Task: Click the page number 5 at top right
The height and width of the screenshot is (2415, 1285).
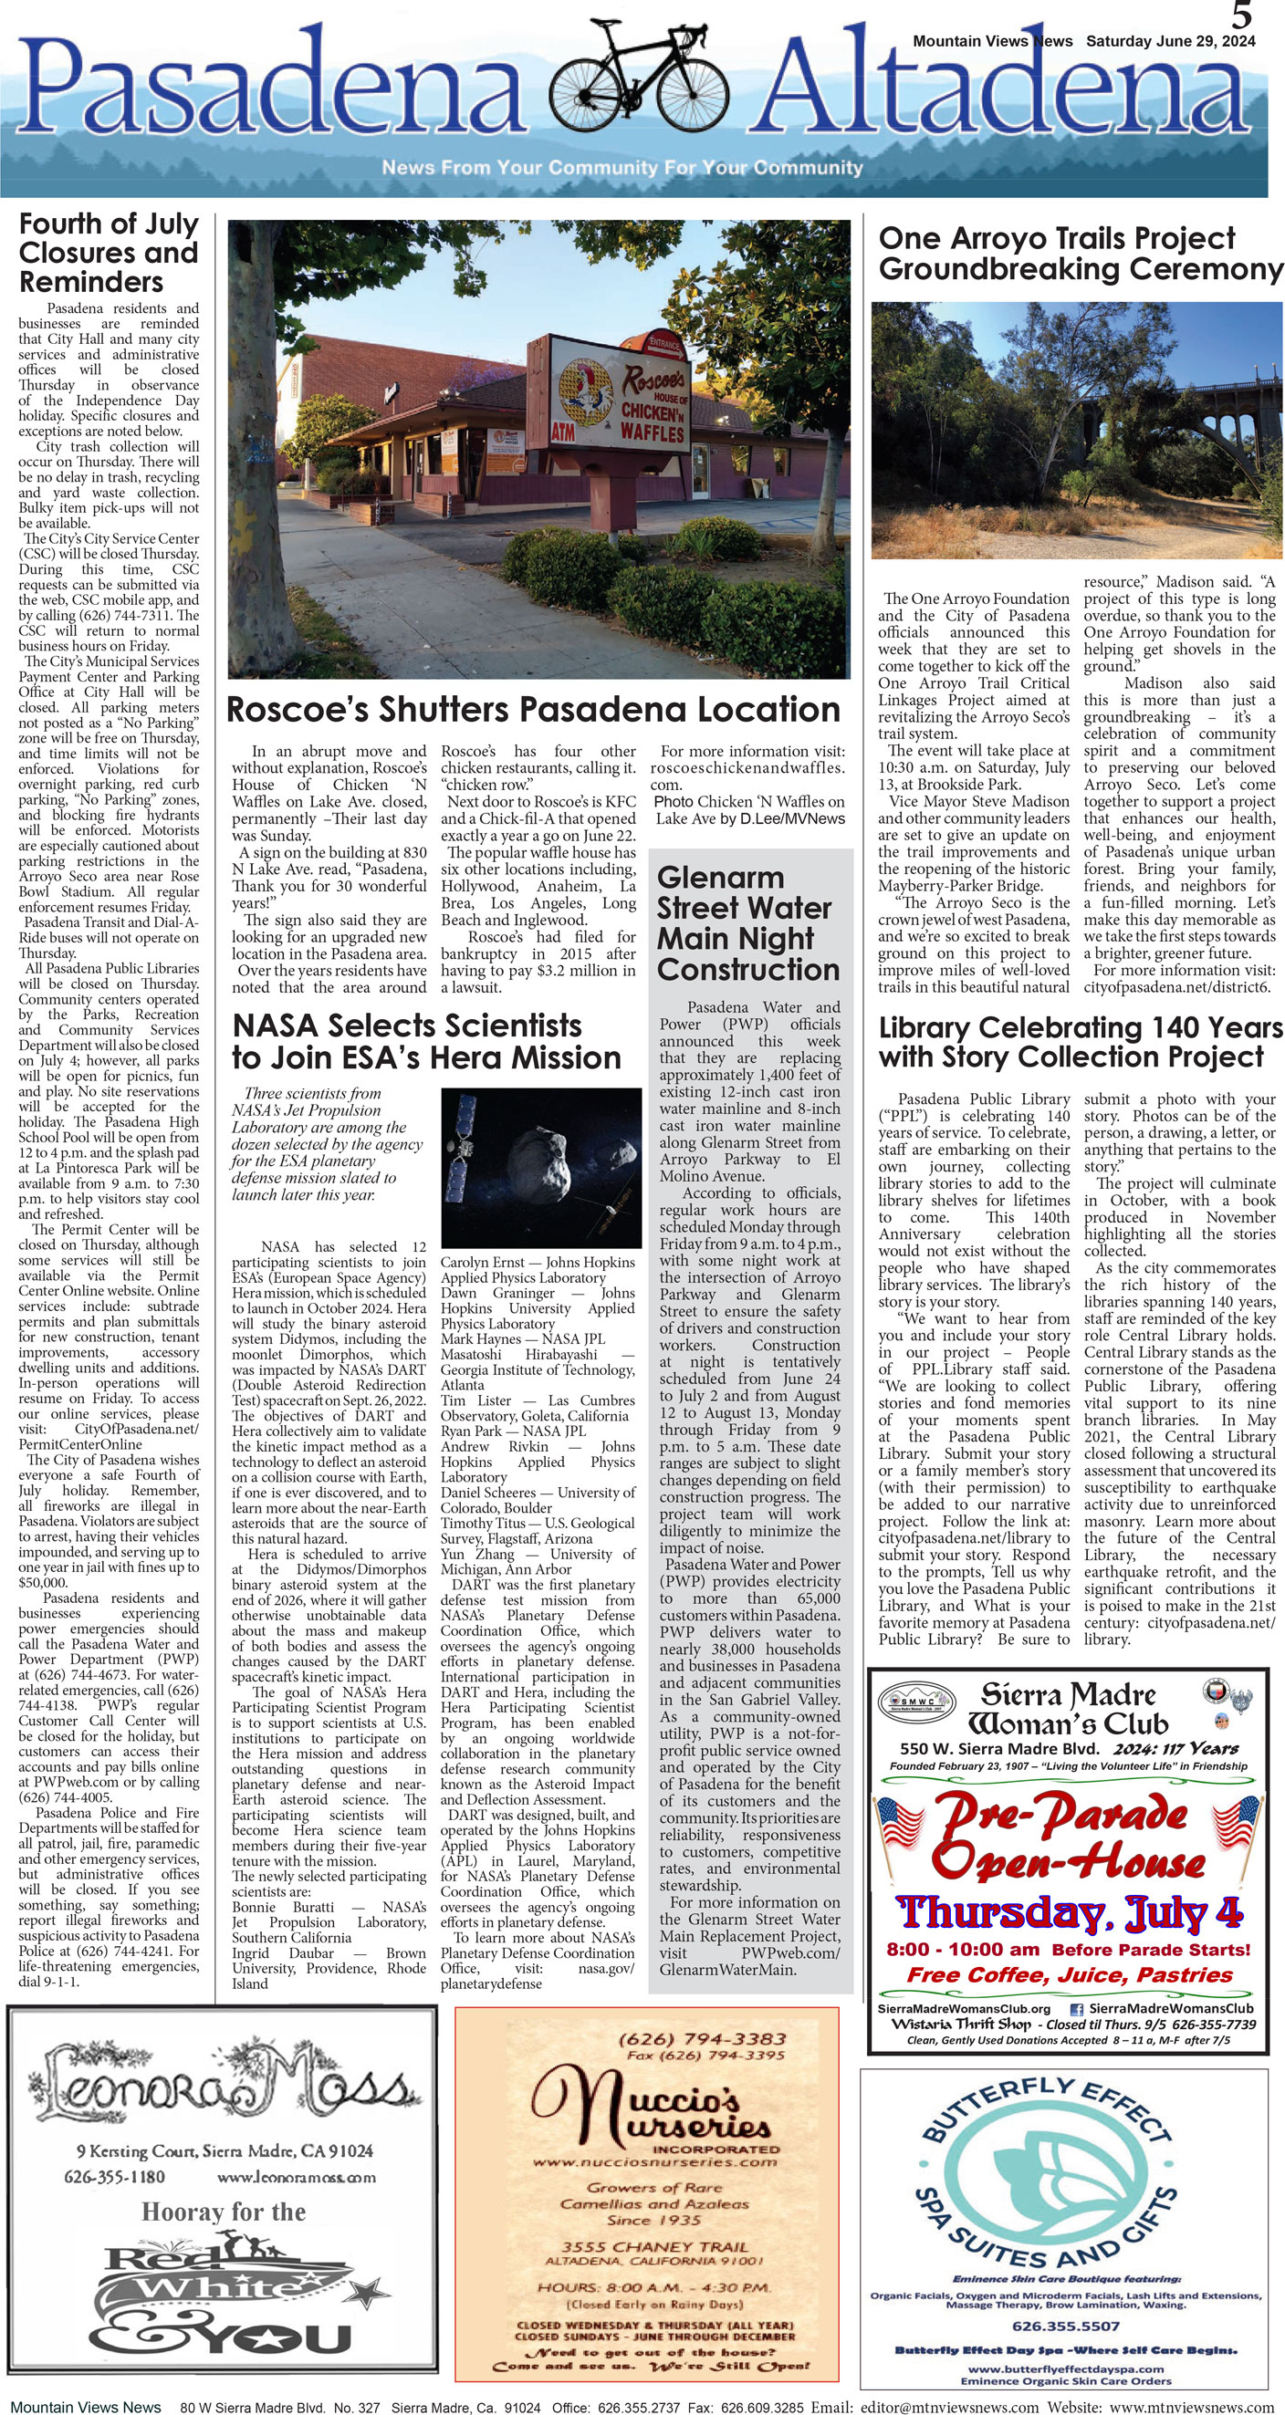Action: tap(1242, 16)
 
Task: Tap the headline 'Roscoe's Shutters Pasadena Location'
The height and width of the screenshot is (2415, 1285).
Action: tap(533, 710)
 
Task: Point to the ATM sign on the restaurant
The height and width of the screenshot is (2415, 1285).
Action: tap(562, 432)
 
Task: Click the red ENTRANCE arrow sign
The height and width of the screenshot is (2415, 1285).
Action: tap(663, 344)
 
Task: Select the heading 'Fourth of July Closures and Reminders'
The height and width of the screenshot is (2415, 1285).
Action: tap(108, 252)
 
